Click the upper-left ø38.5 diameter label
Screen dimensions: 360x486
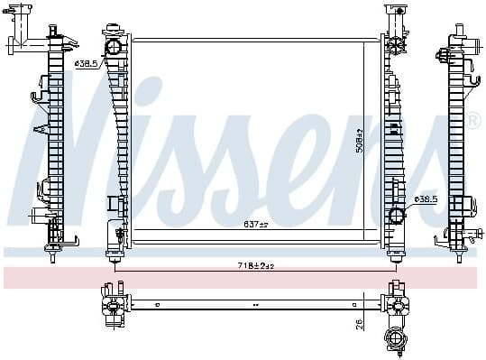click(87, 64)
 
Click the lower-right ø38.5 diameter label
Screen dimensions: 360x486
click(426, 198)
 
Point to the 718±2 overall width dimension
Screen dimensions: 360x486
click(255, 266)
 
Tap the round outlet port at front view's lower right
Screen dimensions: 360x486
click(397, 216)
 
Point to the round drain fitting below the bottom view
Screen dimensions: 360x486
click(395, 339)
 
